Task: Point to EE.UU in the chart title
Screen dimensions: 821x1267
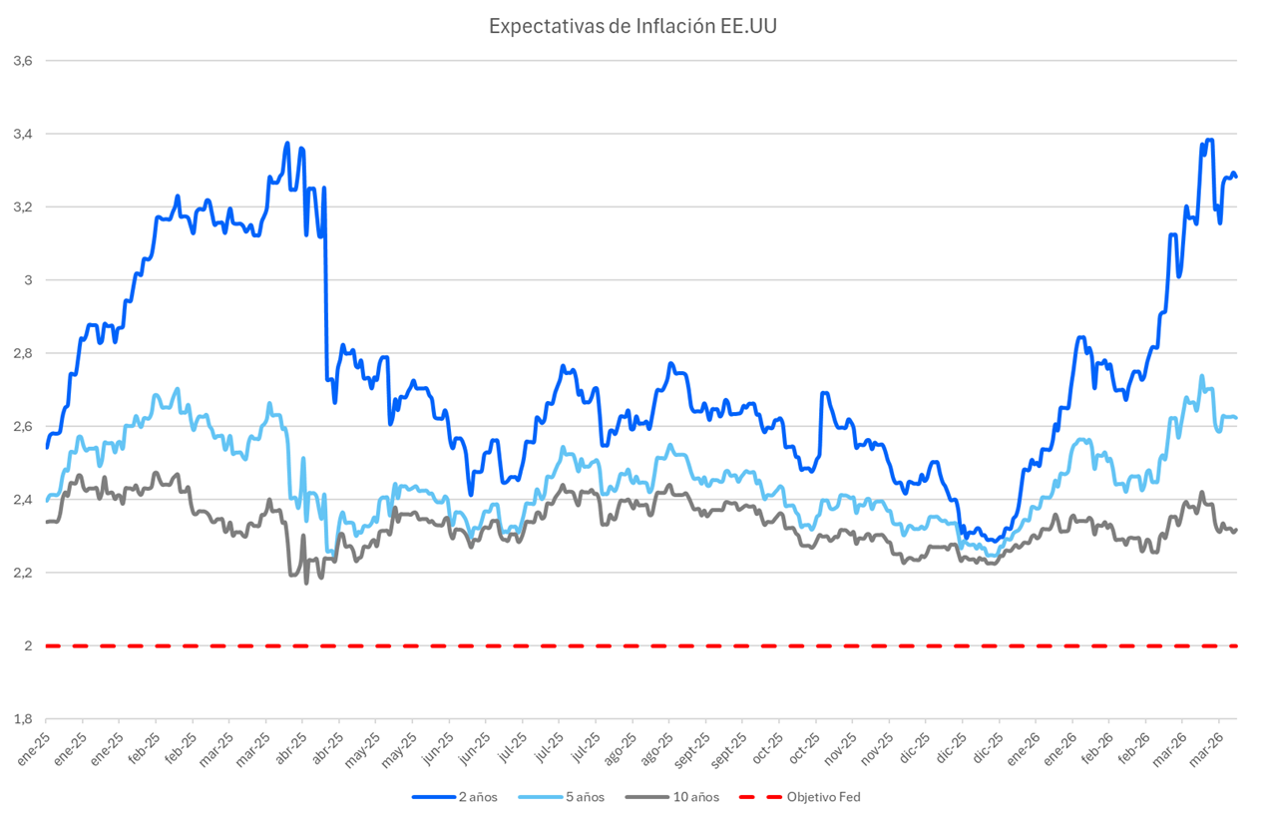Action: click(x=748, y=26)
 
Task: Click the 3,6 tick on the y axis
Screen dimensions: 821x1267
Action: click(x=23, y=61)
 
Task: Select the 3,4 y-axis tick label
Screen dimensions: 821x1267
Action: click(x=23, y=134)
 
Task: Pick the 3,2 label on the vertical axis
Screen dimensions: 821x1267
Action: click(x=23, y=206)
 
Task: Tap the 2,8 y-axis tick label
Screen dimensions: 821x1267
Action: click(x=23, y=353)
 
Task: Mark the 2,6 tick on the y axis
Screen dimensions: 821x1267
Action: click(x=23, y=426)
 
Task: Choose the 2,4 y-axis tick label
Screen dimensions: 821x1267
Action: click(x=23, y=499)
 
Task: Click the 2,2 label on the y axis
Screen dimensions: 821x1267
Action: click(x=23, y=573)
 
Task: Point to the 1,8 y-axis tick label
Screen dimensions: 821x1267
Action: click(x=23, y=718)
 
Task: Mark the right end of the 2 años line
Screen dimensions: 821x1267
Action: click(x=1236, y=177)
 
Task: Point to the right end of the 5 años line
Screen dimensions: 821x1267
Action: click(x=1236, y=417)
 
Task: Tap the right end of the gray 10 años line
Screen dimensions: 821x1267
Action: click(x=1236, y=529)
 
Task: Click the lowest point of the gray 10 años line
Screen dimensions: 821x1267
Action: click(x=306, y=582)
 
